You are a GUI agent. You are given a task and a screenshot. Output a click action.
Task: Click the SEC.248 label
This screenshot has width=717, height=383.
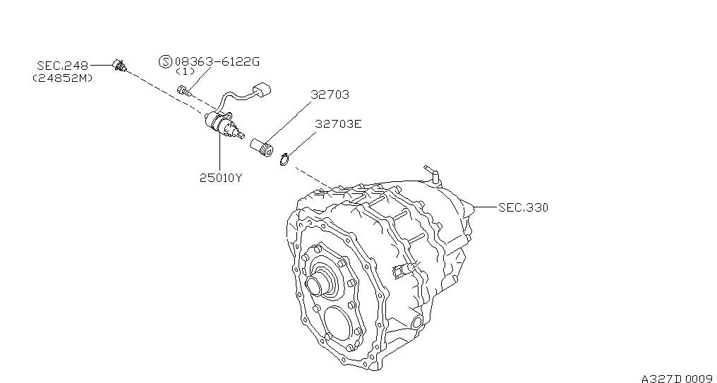(62, 66)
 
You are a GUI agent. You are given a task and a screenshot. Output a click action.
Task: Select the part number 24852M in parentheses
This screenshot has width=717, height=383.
(63, 78)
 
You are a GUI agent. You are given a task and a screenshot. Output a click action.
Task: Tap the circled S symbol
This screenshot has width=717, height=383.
(165, 61)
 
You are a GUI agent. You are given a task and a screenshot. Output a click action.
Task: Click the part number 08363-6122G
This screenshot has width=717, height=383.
(217, 61)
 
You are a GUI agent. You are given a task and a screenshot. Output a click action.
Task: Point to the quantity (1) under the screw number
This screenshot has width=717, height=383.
(185, 71)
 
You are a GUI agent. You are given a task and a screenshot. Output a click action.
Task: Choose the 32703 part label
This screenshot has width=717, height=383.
(330, 95)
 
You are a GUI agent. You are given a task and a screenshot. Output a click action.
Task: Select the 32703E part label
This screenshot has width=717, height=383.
(338, 124)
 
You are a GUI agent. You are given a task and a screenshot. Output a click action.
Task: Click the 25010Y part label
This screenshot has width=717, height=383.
(220, 178)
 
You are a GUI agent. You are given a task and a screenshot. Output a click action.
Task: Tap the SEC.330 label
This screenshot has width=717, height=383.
(523, 207)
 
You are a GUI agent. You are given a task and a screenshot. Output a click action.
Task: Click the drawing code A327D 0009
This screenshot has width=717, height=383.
(679, 378)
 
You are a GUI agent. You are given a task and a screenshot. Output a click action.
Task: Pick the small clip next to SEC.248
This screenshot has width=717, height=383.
(119, 66)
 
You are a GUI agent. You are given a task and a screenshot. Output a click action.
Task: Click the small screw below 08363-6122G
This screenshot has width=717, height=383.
(184, 90)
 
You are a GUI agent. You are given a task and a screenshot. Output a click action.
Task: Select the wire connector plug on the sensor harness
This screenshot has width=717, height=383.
(262, 90)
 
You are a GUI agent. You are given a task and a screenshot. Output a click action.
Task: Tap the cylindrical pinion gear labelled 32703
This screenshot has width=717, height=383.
(262, 146)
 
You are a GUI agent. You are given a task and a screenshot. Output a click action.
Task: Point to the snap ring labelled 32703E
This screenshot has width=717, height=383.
(284, 160)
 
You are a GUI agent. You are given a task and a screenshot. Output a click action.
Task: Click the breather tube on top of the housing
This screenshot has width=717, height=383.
(432, 174)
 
